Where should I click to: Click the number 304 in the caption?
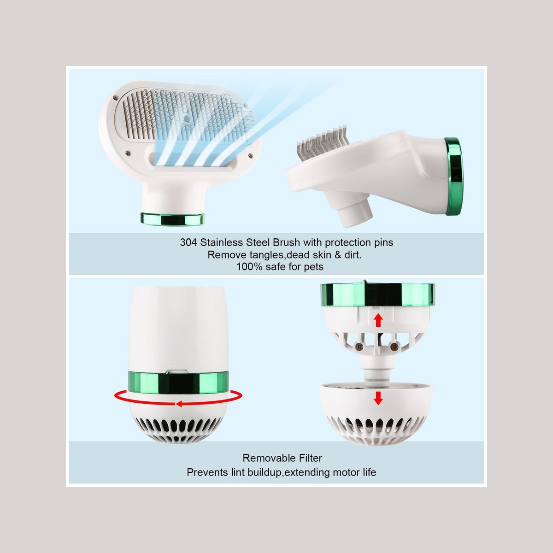click(x=188, y=242)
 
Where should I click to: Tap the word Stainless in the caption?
click(x=221, y=242)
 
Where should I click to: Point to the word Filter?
click(x=307, y=458)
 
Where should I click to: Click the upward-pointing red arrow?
click(x=378, y=320)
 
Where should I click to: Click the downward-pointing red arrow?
click(x=378, y=398)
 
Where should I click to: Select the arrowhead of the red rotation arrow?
click(x=179, y=404)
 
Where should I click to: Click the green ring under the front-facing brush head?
click(x=172, y=219)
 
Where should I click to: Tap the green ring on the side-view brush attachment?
click(x=454, y=176)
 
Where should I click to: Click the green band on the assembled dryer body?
click(x=178, y=382)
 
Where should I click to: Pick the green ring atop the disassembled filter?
click(x=378, y=294)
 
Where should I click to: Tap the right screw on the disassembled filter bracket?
click(x=394, y=347)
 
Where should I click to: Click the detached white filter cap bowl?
click(x=376, y=413)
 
